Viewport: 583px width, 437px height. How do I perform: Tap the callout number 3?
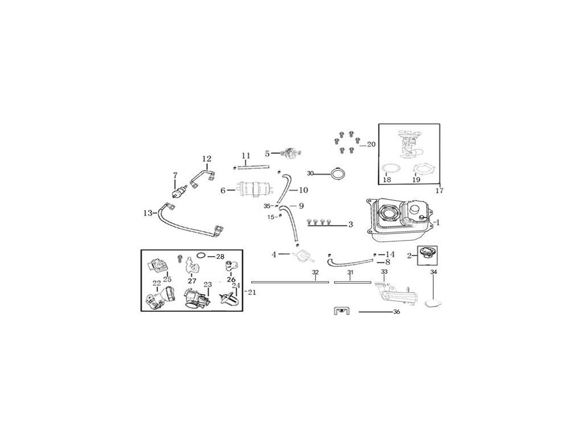coord(351,225)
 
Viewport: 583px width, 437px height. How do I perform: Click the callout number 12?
coord(206,159)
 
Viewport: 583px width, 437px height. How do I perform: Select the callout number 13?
coord(147,213)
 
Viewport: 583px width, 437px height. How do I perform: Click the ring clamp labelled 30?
coord(338,173)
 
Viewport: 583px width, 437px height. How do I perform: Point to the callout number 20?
coord(371,145)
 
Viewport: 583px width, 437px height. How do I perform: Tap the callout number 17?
coord(438,190)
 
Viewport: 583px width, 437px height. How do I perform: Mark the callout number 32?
coord(315,273)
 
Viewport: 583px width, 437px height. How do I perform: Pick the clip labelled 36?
coord(340,312)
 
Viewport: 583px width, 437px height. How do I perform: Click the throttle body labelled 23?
coord(194,297)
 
